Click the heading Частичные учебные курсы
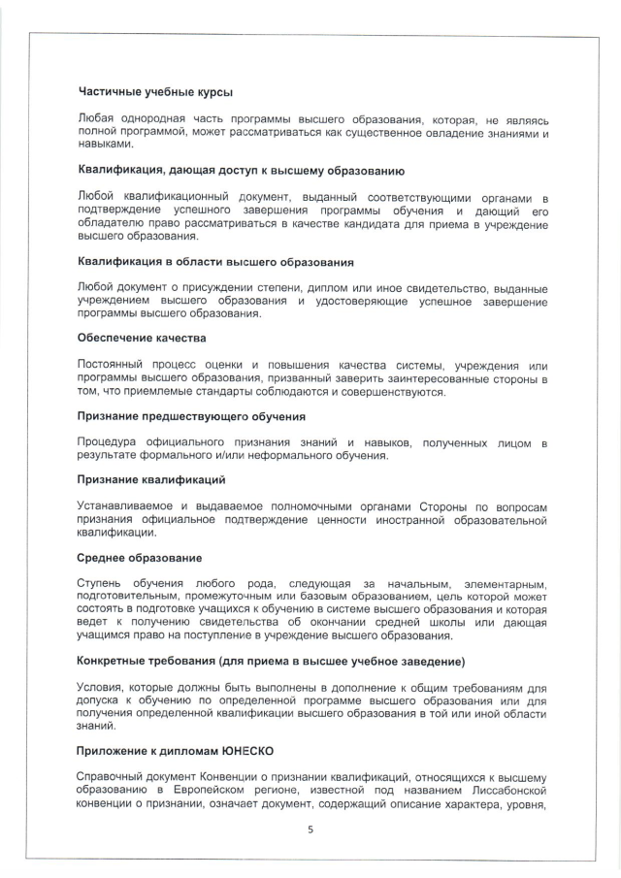coord(154,92)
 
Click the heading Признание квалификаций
coord(151,479)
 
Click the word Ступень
coord(101,584)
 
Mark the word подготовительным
coord(130,597)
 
